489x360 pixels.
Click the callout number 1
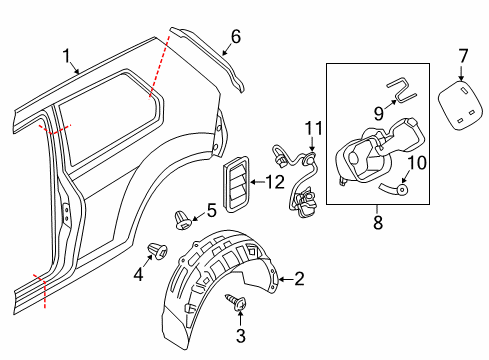point(67,56)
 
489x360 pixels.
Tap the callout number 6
point(236,37)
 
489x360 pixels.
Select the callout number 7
point(463,56)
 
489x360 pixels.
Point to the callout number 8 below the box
point(378,222)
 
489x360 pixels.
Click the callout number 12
point(275,182)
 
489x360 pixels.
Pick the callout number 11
point(314,128)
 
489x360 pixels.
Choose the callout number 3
point(241,336)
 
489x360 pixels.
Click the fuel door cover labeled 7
point(460,105)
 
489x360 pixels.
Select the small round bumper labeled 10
point(402,190)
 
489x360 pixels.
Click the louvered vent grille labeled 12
point(236,184)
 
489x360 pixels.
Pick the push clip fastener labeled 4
point(158,251)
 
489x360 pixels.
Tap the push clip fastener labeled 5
point(183,220)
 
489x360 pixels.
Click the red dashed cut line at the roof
point(159,67)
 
